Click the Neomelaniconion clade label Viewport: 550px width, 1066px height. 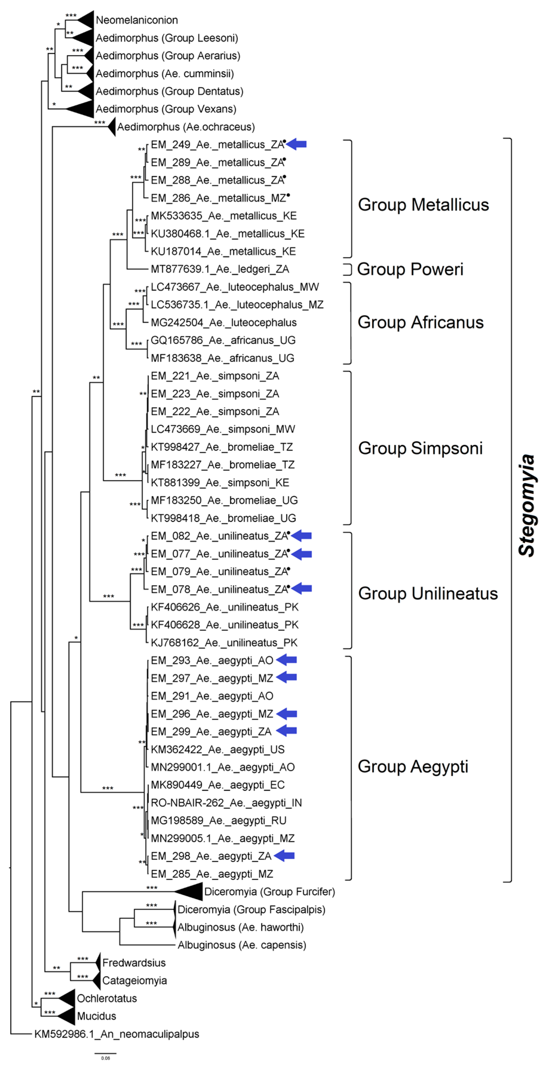(x=136, y=20)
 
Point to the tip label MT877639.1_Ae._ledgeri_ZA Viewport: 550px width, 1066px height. (x=220, y=269)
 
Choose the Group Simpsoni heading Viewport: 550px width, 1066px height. (x=420, y=448)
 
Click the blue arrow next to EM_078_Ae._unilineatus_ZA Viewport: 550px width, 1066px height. (x=301, y=589)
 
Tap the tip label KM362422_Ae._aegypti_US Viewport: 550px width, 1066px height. (x=217, y=749)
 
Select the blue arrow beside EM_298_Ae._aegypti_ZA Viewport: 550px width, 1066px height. (x=285, y=856)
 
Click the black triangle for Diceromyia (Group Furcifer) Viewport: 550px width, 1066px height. (x=191, y=891)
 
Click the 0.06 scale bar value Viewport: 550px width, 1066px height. (x=105, y=1058)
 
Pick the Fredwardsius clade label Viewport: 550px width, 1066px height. (x=134, y=963)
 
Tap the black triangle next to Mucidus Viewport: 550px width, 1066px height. (x=68, y=1016)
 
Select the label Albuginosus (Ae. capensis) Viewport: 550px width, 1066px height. (x=242, y=945)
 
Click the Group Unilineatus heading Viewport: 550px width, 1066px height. (x=428, y=593)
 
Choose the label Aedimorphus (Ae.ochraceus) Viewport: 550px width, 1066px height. (x=186, y=127)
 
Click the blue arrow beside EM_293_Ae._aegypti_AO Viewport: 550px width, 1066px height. (x=286, y=660)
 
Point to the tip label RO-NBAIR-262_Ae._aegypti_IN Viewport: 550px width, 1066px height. (x=226, y=803)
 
